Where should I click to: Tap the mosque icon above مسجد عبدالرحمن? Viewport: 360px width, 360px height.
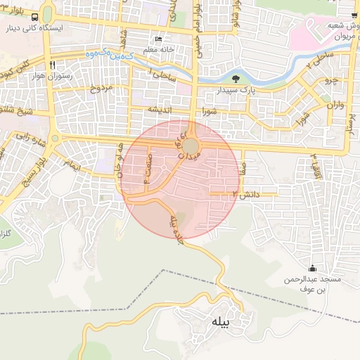coord(312,268)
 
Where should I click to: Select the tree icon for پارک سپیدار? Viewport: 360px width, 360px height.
coord(236,79)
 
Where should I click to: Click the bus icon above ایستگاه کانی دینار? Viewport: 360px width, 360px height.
coord(46,16)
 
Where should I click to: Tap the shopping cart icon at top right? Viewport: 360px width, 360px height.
coord(352,15)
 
